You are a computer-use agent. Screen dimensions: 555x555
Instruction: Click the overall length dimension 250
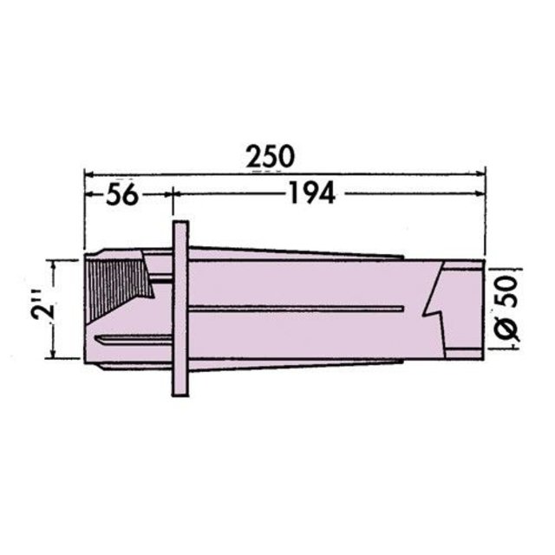coord(269,156)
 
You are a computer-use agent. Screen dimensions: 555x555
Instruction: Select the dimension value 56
coord(121,195)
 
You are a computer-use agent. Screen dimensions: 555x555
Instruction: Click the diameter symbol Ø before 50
coord(509,329)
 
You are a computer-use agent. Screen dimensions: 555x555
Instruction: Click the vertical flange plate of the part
coord(180,308)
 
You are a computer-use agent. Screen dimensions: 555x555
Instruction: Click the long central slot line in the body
coord(295,309)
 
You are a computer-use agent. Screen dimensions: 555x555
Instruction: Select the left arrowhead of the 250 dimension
coord(88,173)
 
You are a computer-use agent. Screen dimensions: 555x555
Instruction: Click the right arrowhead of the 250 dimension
coord(480,173)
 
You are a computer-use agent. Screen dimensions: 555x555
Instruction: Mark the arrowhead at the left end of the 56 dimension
coord(88,195)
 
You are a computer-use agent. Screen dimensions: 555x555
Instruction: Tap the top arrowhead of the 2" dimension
coord(55,263)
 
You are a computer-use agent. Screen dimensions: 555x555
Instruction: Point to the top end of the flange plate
coord(180,225)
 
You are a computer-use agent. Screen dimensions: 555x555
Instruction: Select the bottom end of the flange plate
coord(180,392)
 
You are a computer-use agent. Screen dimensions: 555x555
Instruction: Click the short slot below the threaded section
coord(130,340)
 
